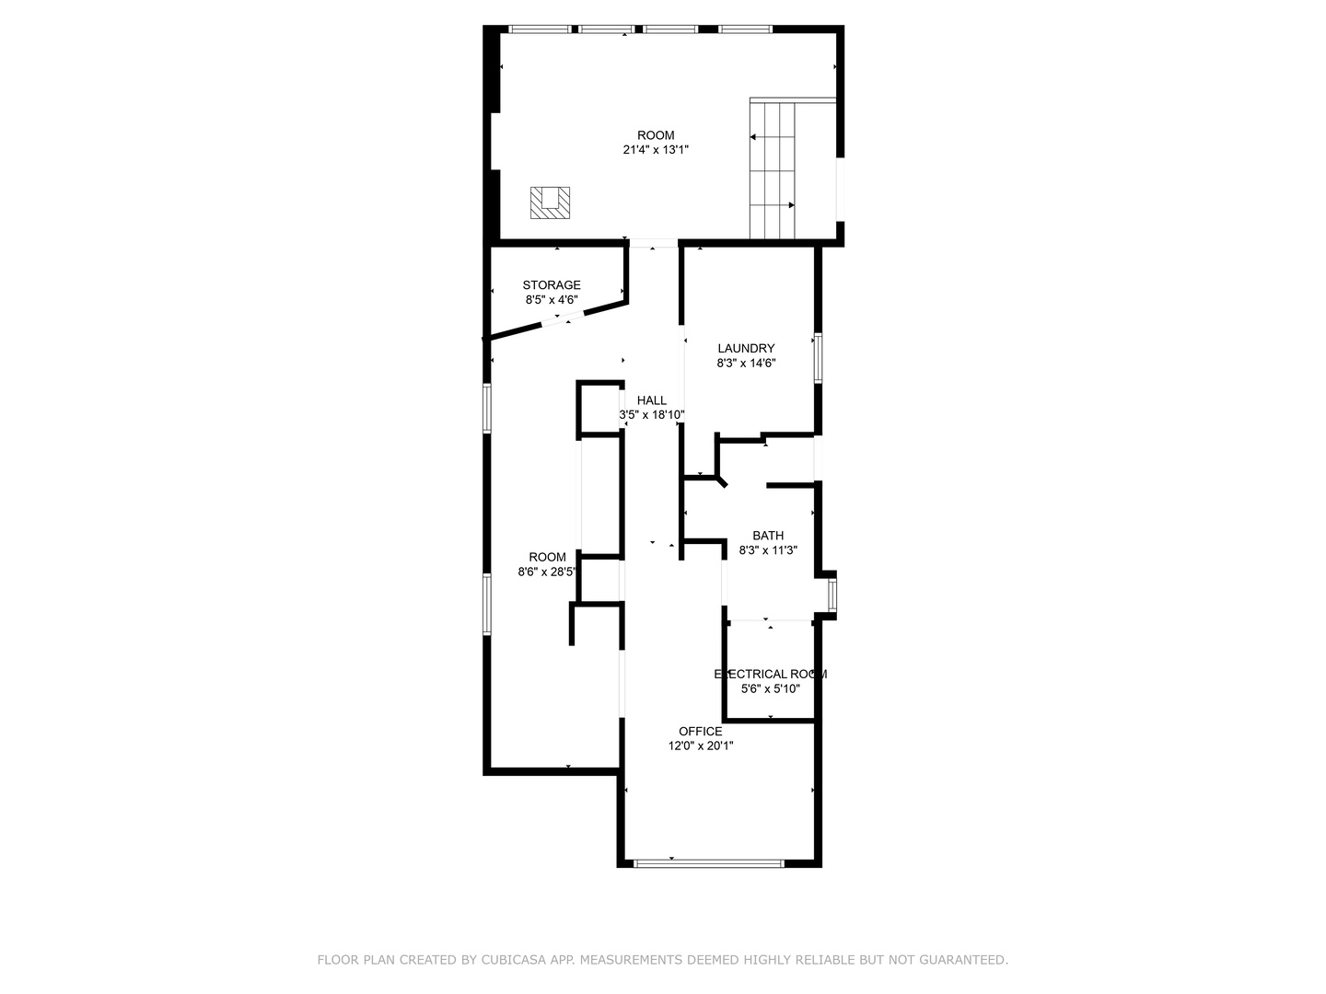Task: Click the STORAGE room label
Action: pyautogui.click(x=551, y=285)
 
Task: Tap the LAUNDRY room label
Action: pyautogui.click(x=746, y=348)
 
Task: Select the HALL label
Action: pyautogui.click(x=652, y=400)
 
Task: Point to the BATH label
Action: pyautogui.click(x=768, y=536)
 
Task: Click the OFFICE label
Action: pyautogui.click(x=700, y=731)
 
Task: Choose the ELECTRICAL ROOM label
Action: pyautogui.click(x=770, y=674)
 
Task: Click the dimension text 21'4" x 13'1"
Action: pyautogui.click(x=656, y=150)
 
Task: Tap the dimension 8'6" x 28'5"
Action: pyautogui.click(x=547, y=572)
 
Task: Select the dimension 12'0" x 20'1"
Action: pyautogui.click(x=700, y=745)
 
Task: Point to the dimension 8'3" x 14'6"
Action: pyautogui.click(x=746, y=363)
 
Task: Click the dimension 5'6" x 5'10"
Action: pyautogui.click(x=770, y=688)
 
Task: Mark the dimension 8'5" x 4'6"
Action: pyautogui.click(x=551, y=299)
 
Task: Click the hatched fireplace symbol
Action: pyautogui.click(x=550, y=202)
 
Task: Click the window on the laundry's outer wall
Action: pyautogui.click(x=818, y=358)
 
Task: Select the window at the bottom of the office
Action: pyautogui.click(x=709, y=863)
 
